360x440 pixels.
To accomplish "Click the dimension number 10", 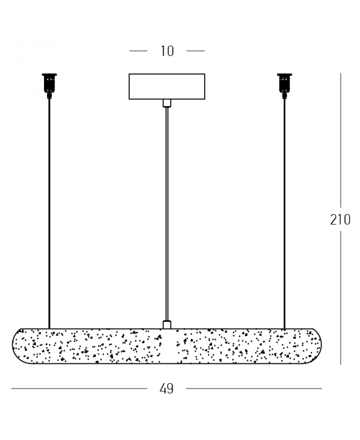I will click(167, 51).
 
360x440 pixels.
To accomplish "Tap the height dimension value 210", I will click(340, 220).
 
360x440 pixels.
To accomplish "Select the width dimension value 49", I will click(166, 388).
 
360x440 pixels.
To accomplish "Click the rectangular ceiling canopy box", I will click(166, 86).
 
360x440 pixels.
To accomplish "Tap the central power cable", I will click(166, 212).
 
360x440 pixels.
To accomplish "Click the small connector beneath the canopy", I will click(166, 103).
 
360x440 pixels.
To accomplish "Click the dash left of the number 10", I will click(138, 51).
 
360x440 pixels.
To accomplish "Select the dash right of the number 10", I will click(196, 51).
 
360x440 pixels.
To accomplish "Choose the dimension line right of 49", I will click(254, 388).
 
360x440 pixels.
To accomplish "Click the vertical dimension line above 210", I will click(340, 140).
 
